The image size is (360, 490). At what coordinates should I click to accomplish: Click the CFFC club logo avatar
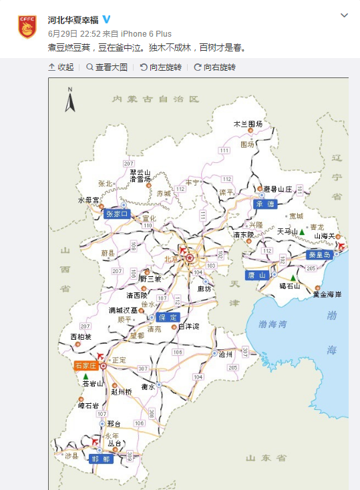click(27, 26)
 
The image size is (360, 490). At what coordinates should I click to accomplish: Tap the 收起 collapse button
click(61, 67)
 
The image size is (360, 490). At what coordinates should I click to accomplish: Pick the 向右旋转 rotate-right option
click(214, 67)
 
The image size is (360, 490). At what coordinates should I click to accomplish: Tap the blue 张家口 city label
click(118, 214)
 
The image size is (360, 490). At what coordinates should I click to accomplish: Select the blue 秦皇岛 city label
click(319, 254)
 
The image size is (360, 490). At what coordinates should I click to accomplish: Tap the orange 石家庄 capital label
click(85, 366)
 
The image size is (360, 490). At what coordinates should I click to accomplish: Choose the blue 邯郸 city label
click(102, 459)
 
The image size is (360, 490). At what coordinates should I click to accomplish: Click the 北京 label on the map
click(172, 259)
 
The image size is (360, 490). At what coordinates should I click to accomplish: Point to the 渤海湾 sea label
click(272, 325)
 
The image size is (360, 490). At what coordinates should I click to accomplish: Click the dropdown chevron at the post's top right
click(344, 15)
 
